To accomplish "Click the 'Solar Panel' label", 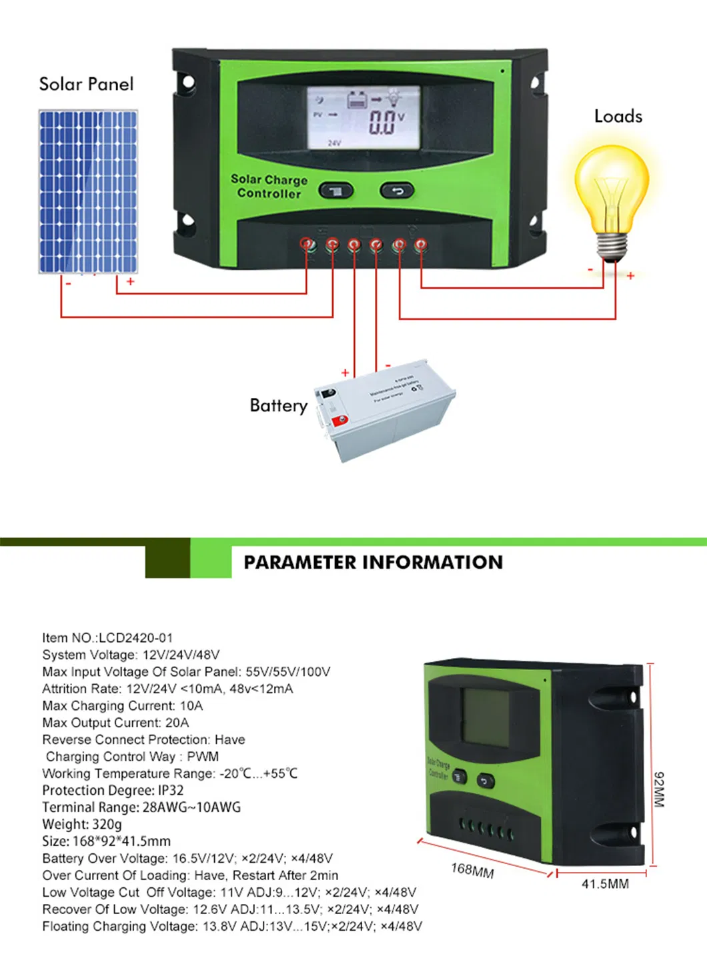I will [86, 84].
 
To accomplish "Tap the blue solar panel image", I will [88, 192].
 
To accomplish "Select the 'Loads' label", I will [618, 116].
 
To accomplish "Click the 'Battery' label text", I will [278, 405].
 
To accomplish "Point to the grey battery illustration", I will [386, 412].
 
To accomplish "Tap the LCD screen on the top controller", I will [364, 118].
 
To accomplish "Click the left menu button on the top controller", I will [335, 191].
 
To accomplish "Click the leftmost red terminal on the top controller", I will [307, 244].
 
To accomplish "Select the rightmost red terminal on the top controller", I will [420, 245].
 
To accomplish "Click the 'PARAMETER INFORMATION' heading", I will [373, 562].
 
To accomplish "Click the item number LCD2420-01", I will [135, 638].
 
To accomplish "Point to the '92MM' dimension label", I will [658, 789].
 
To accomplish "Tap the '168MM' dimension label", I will [472, 870].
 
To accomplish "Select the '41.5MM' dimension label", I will [605, 884].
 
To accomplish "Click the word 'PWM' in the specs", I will [203, 757].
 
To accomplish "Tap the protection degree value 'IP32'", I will [171, 791].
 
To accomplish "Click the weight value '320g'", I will [107, 825].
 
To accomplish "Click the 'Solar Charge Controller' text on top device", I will [269, 187].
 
